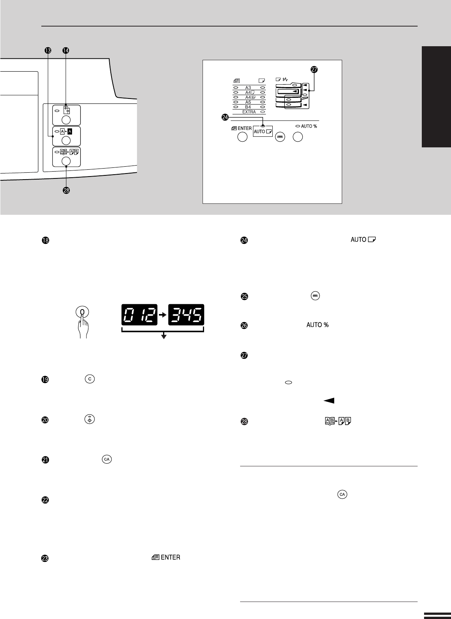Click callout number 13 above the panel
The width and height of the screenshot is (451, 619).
coord(48,50)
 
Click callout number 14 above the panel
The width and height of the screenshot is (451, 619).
coord(66,50)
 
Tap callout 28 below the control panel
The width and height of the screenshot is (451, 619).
coord(66,191)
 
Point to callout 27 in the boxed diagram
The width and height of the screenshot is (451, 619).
coord(314,69)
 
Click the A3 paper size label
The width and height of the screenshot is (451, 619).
coord(248,88)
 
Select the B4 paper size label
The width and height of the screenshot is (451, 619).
coord(248,107)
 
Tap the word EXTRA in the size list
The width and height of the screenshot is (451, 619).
coord(249,112)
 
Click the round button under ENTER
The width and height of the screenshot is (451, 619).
coord(242,137)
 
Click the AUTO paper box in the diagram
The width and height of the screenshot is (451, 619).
coord(263,131)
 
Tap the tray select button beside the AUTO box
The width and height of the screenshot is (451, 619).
coord(280,137)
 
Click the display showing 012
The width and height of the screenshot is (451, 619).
coord(140,315)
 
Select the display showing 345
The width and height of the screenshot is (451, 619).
coord(186,315)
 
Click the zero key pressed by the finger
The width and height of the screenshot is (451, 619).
coord(82,312)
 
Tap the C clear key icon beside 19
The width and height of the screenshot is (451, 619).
coord(90,379)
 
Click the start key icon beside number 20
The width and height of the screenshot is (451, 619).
coord(90,419)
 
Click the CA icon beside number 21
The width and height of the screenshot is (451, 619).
coord(107,459)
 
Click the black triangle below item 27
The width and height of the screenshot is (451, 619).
coord(329,400)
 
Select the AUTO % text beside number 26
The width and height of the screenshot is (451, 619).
coord(317,325)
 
